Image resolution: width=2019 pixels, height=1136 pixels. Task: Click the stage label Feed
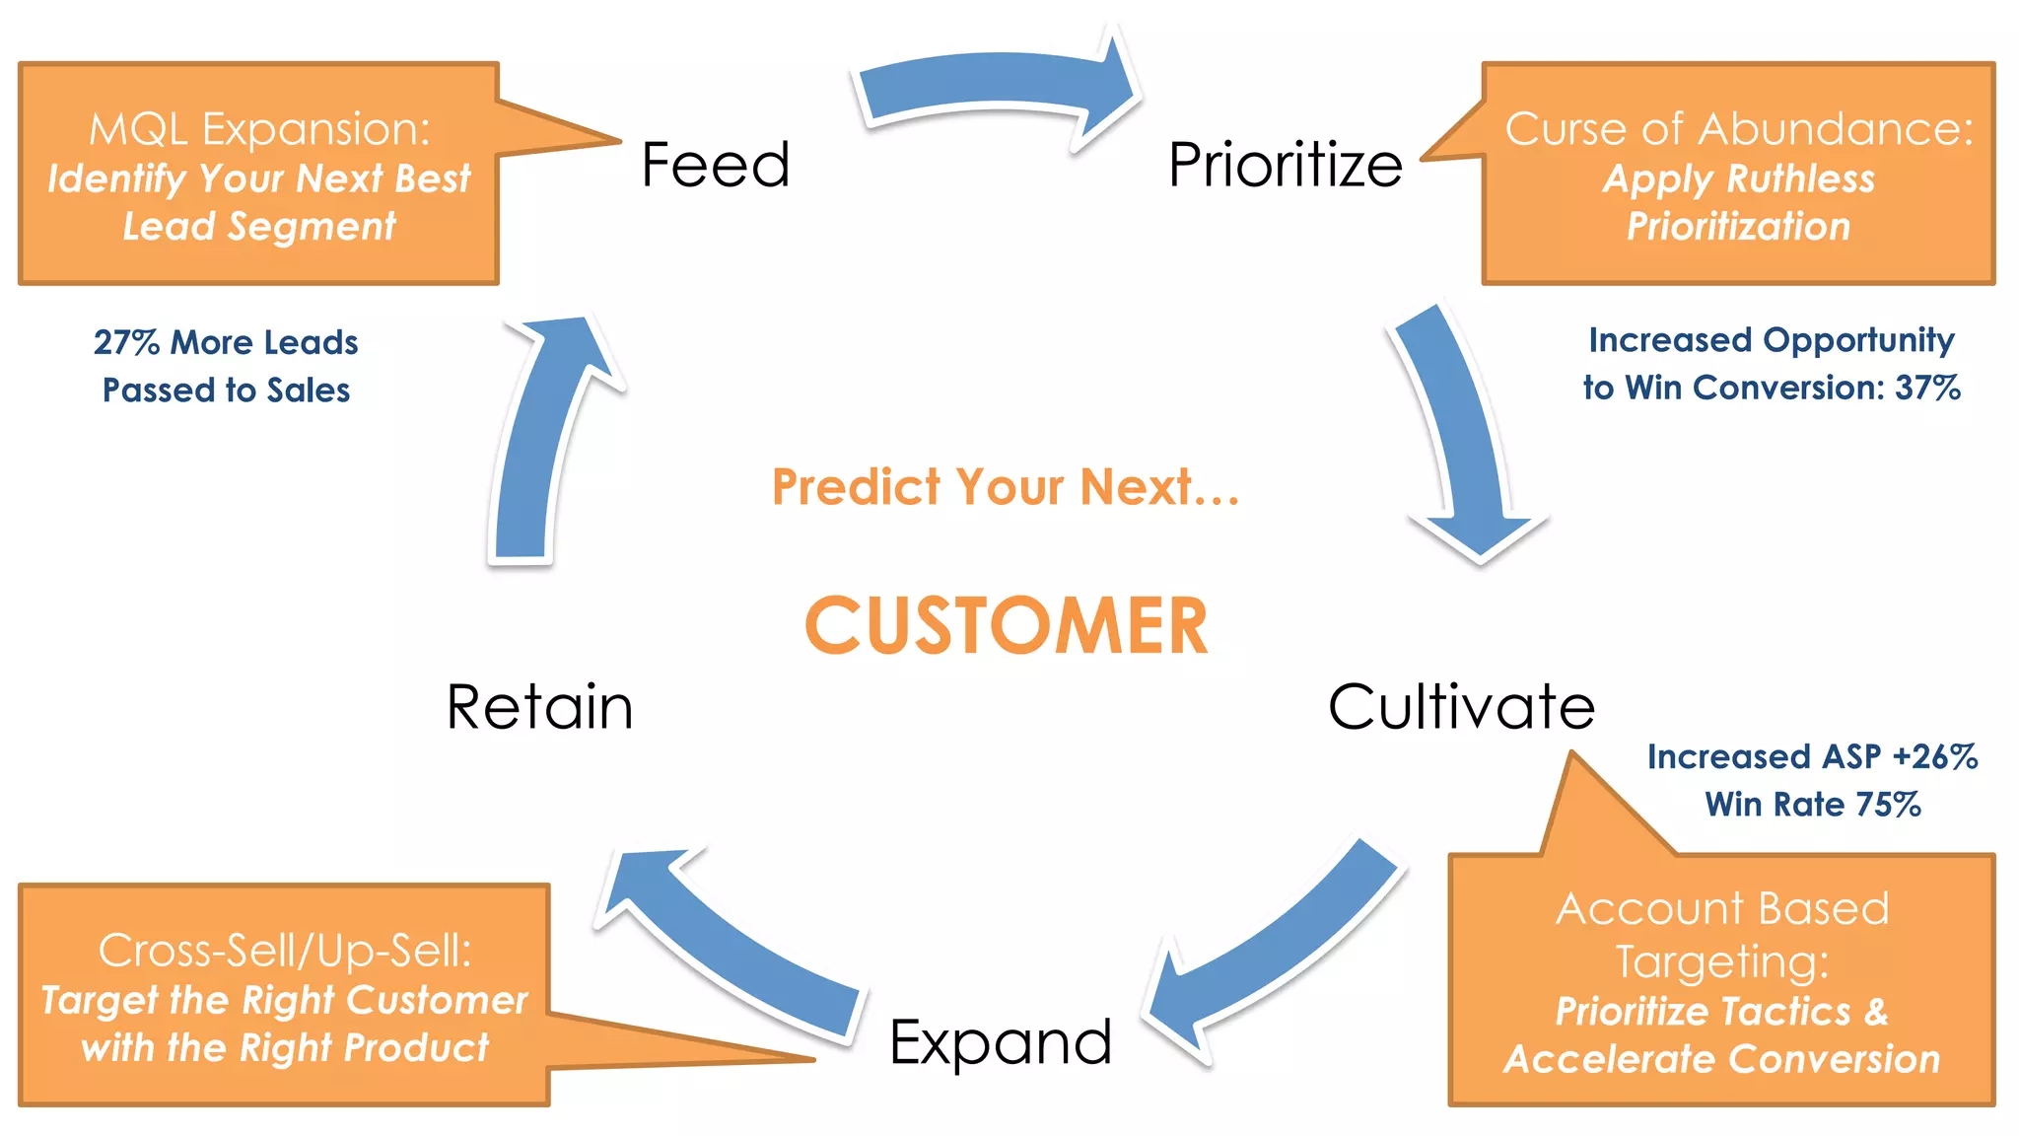[716, 165]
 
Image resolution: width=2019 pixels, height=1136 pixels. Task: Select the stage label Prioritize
[1285, 165]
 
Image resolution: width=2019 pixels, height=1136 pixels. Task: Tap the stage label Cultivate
[1461, 707]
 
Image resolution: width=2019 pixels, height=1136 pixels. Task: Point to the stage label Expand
[1000, 1042]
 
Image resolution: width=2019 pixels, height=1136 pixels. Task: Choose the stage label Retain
[539, 707]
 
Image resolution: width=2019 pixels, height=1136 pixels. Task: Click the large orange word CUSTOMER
[1006, 626]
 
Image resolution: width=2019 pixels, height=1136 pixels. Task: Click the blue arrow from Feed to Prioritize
[996, 84]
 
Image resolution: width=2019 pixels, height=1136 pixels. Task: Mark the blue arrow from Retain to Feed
[537, 444]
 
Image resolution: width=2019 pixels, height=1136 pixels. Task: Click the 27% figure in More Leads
[126, 342]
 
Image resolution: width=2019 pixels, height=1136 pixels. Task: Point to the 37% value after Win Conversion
[1927, 388]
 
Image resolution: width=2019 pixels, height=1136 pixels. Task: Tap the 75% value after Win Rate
[1888, 805]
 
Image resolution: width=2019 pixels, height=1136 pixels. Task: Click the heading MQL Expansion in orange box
[259, 129]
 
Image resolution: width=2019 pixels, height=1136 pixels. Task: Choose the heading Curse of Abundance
[1739, 129]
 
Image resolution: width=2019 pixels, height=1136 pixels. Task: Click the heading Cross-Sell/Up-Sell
[285, 951]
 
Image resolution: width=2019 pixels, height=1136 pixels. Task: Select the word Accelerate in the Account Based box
[1587, 1059]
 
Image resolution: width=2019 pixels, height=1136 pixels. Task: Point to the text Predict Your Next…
[1006, 487]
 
